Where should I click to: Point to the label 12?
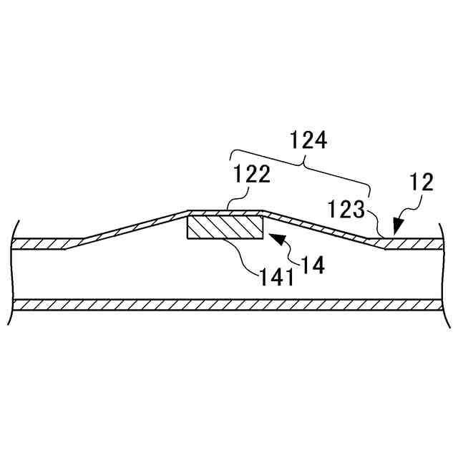point(422,182)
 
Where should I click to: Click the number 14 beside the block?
point(313,265)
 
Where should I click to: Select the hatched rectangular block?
point(225,228)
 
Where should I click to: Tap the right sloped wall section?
point(322,227)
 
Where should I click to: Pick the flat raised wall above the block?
point(225,213)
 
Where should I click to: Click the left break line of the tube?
point(12,272)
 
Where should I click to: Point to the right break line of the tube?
point(445,272)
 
